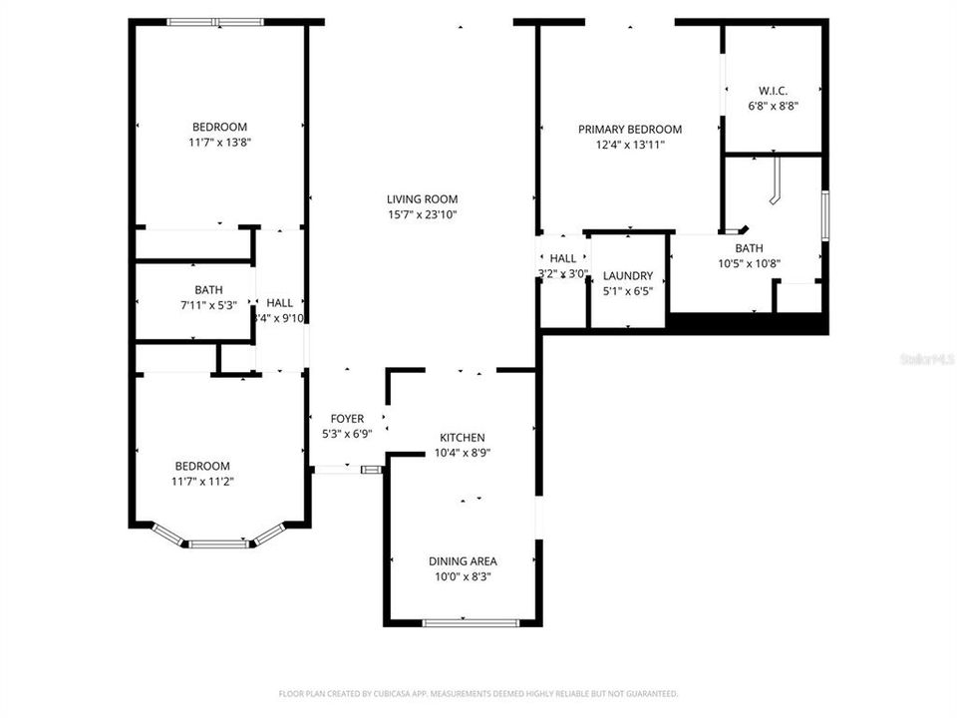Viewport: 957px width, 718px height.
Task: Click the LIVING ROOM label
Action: [423, 199]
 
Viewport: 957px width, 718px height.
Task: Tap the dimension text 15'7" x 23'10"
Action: [423, 214]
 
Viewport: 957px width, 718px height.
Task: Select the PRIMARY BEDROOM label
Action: [630, 130]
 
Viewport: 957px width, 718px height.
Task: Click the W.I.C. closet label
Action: [774, 91]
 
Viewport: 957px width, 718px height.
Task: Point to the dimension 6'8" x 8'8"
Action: [774, 106]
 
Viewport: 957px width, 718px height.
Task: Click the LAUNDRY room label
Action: [628, 276]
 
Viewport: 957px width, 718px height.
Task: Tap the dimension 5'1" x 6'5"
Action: [628, 291]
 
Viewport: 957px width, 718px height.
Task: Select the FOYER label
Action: [347, 419]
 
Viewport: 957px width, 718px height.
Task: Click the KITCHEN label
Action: [463, 438]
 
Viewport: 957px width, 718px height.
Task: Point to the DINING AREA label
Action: [463, 561]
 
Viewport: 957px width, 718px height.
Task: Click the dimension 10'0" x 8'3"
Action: [463, 576]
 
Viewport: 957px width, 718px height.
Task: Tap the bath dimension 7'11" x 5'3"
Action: [195, 305]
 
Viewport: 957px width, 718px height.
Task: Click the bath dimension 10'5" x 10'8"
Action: [749, 264]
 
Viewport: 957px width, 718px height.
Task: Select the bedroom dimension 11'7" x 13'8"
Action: [219, 143]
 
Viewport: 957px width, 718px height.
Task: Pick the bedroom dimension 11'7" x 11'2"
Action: [202, 482]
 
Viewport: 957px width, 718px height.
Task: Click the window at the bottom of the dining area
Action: [471, 623]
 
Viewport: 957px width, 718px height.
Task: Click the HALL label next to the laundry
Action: [563, 258]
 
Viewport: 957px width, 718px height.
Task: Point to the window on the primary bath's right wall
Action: [824, 215]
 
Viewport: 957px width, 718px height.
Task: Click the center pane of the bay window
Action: [218, 544]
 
